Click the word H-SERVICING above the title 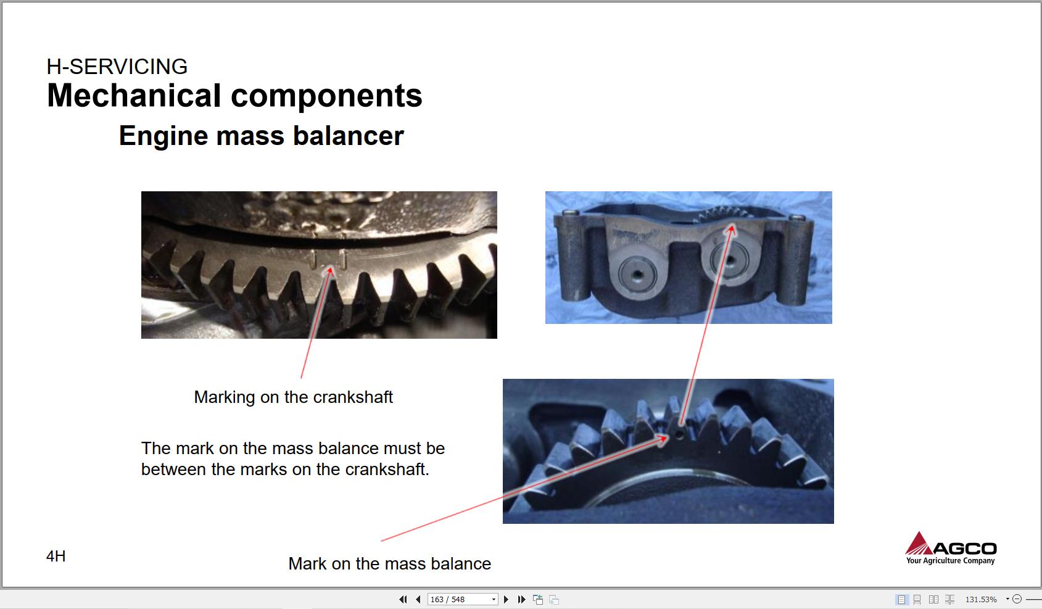coord(117,67)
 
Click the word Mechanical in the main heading coord(134,96)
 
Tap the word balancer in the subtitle coord(348,136)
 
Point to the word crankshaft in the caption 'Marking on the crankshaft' coord(353,397)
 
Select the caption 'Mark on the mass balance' coord(390,563)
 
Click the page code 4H coord(56,556)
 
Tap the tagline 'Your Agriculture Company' coord(950,560)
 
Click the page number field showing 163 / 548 coord(462,599)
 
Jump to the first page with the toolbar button coord(403,599)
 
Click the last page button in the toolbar coord(521,599)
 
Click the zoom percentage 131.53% coord(981,599)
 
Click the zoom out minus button coord(1017,599)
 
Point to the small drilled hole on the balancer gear coord(680,434)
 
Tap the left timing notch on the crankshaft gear coord(313,260)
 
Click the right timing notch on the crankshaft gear coord(343,260)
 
